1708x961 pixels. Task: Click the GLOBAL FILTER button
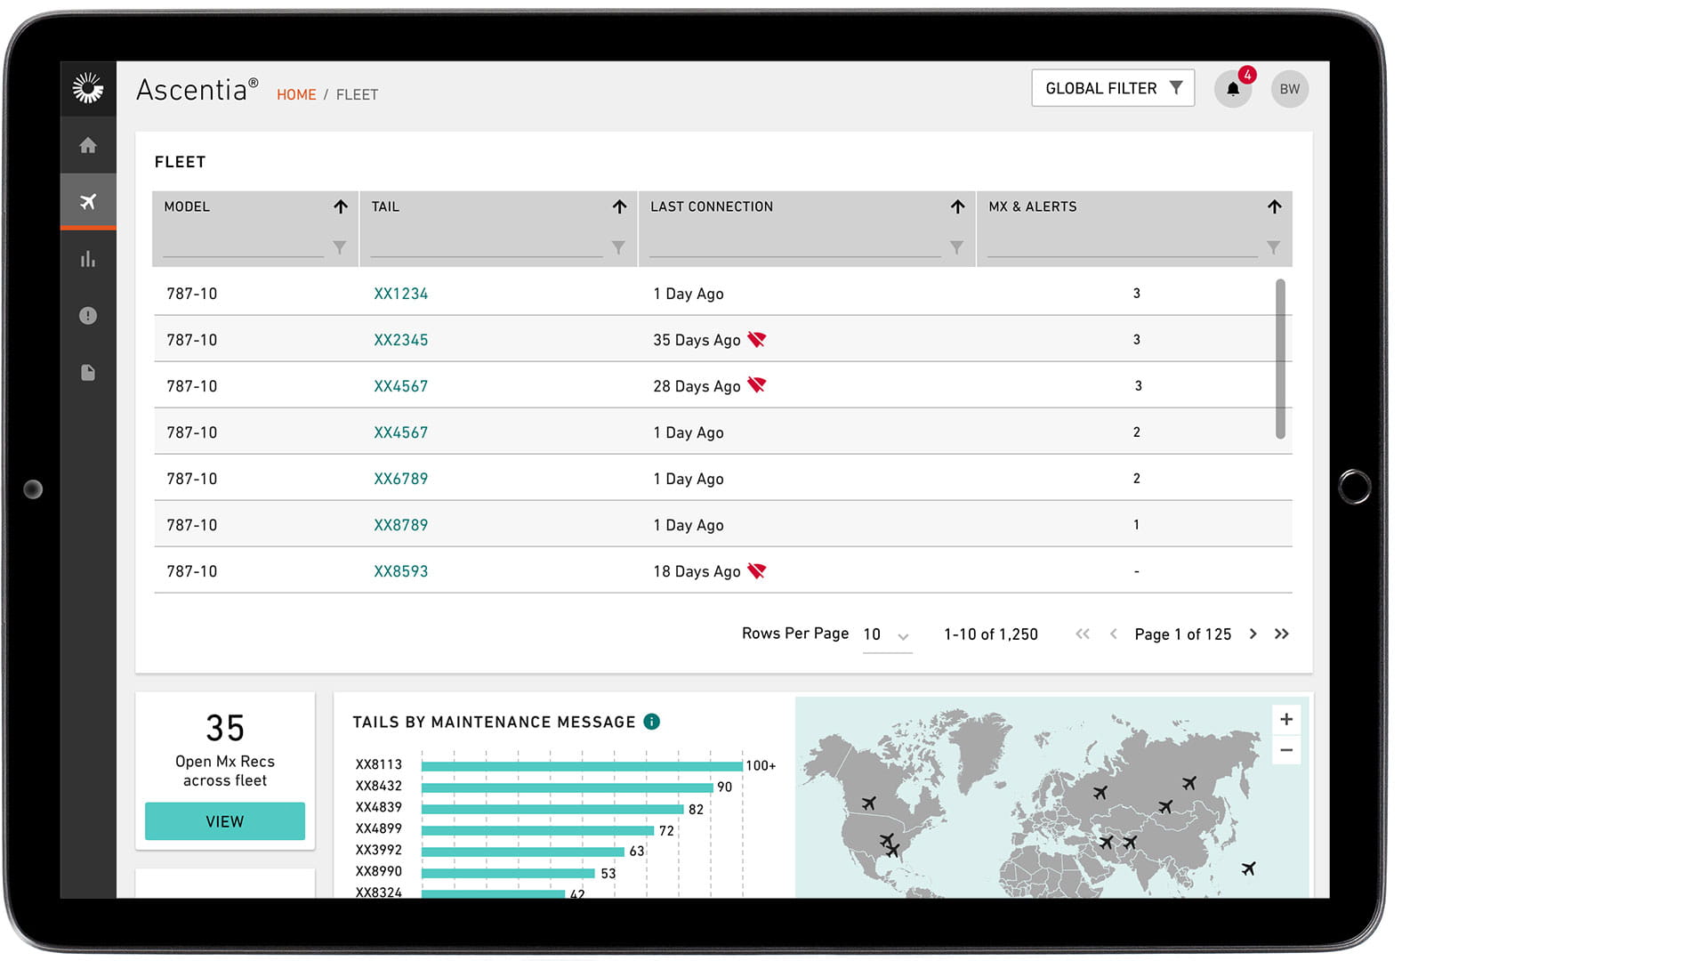point(1112,88)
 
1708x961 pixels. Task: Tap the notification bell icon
point(1233,89)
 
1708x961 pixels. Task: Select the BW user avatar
point(1289,89)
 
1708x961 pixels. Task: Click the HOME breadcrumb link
point(296,94)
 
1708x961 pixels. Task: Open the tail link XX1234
point(400,294)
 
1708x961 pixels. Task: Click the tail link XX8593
point(400,571)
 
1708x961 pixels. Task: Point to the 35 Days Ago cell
point(697,340)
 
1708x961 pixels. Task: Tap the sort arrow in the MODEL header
point(341,206)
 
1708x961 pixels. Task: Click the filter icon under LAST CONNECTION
point(956,247)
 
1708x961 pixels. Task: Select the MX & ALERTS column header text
point(1032,206)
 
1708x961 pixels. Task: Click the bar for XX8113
point(582,765)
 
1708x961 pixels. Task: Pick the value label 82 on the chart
point(696,809)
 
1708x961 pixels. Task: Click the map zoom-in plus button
point(1286,719)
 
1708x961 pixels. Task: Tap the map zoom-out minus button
point(1286,750)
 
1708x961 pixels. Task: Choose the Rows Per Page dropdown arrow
point(903,636)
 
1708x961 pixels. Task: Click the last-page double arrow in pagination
point(1281,634)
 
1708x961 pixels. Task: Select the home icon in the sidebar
point(88,145)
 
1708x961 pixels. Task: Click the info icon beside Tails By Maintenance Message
point(652,722)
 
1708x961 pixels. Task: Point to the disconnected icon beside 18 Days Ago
point(757,570)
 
